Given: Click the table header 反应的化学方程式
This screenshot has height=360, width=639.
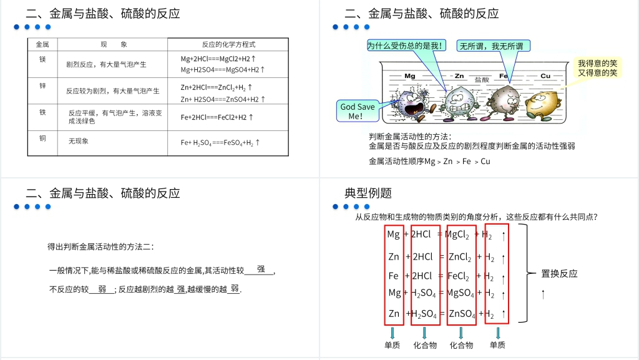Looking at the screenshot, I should point(228,44).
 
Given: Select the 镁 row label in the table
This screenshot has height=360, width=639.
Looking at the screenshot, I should point(42,59).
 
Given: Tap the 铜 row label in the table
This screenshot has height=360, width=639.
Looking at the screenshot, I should point(42,138).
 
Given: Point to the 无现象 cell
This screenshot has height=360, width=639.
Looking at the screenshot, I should point(79,141).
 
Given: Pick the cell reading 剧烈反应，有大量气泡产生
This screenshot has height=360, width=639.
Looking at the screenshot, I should point(106,64).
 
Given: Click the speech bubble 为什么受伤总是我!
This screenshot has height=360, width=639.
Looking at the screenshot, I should point(406,46).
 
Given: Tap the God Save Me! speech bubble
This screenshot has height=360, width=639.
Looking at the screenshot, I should point(358,111).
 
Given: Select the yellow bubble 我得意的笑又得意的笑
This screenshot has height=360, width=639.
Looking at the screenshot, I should point(597,68).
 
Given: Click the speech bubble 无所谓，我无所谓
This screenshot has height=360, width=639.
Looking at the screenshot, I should point(494,46).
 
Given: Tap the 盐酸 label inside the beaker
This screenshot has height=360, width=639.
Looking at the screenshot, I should point(482,80).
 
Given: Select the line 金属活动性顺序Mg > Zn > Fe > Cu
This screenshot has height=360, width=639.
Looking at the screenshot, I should point(429,162).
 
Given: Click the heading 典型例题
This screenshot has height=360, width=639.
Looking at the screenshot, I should point(368,193).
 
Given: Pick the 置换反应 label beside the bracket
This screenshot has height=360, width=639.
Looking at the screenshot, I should point(559,273).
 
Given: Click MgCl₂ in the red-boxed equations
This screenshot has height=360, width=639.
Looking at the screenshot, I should point(461,235).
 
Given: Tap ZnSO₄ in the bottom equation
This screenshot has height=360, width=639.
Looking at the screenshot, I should point(462,314).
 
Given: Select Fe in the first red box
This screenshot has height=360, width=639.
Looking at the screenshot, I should point(393,276).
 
